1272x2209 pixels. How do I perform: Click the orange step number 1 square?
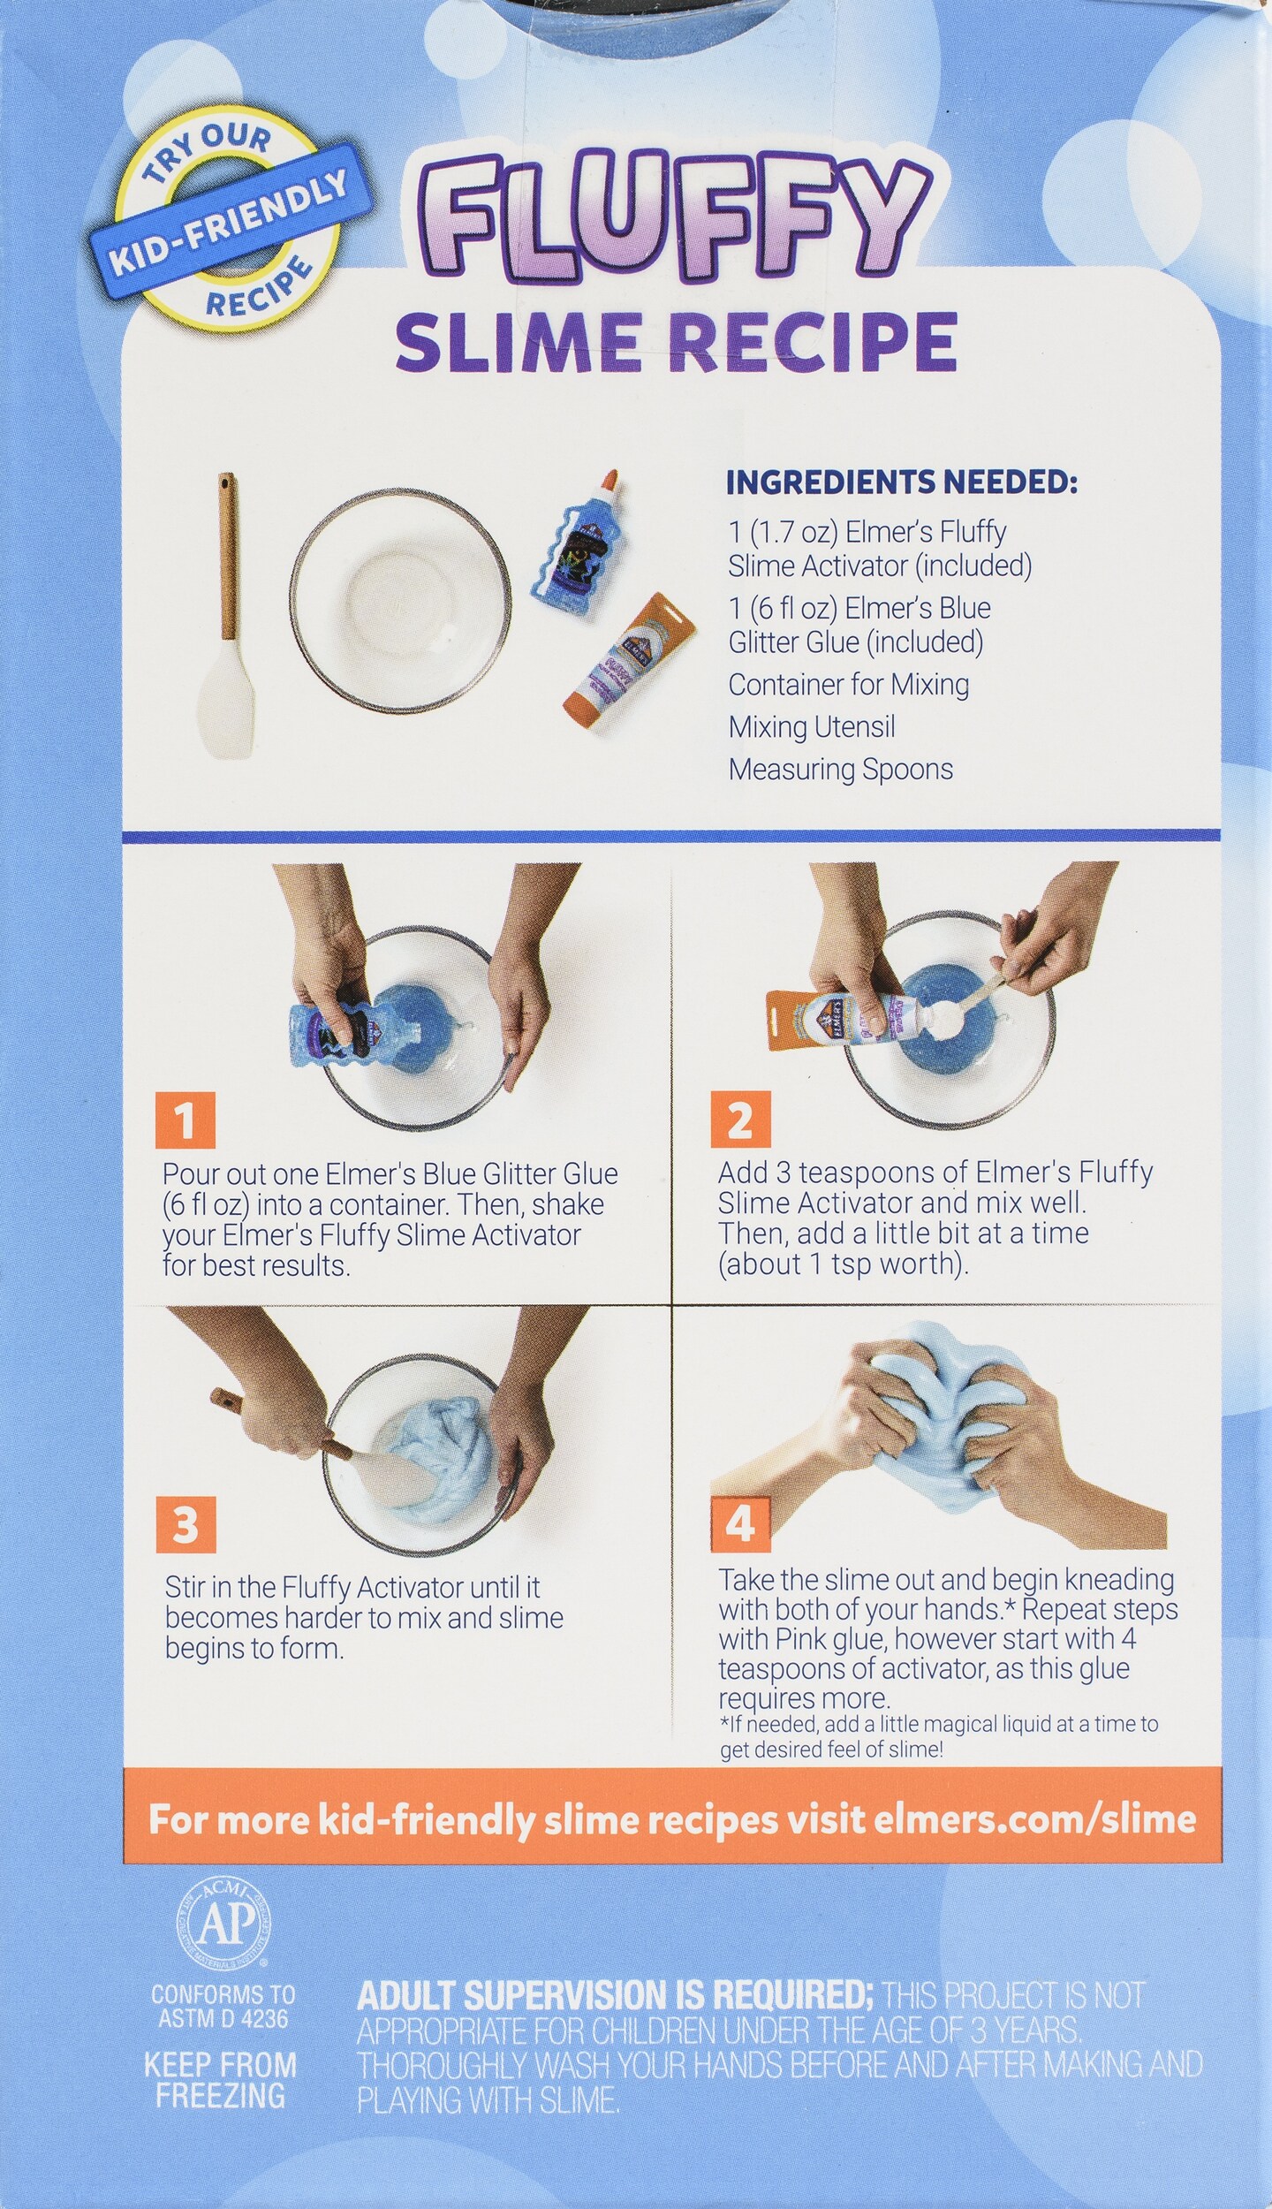[x=185, y=1120]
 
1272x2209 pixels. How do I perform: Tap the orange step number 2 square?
[x=740, y=1120]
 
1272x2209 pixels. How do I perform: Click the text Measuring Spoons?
[x=841, y=770]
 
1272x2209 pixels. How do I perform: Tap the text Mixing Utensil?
[x=812, y=727]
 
